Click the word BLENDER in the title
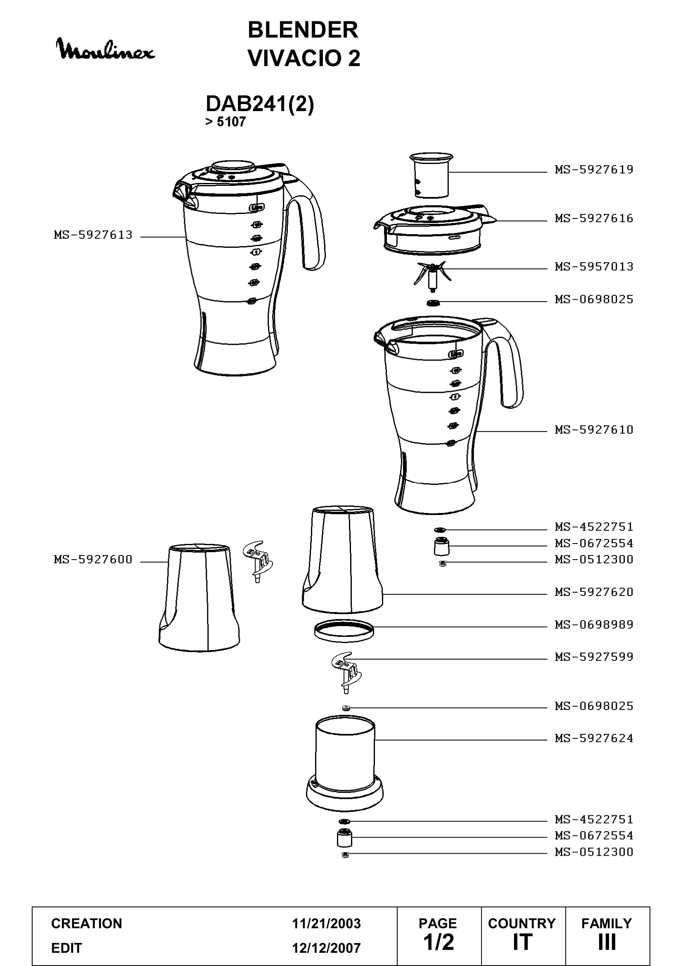pos(303,30)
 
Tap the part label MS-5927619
pos(594,170)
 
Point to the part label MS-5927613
pos(93,235)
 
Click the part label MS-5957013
pos(594,266)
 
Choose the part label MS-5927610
pos(594,430)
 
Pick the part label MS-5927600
pos(93,559)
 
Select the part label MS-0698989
pos(594,624)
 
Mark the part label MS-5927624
pos(594,738)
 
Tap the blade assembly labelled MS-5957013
pos(431,275)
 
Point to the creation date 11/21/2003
pos(326,923)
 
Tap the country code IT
pos(522,942)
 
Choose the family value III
pos(607,942)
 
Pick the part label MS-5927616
pos(594,218)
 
